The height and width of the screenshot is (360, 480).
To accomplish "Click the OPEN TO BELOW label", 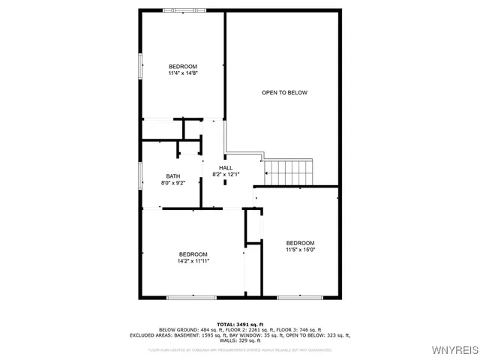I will pyautogui.click(x=284, y=92).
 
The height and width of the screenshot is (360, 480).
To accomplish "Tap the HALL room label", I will pyautogui.click(x=226, y=167).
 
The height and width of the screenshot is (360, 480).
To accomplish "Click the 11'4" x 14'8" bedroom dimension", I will pyautogui.click(x=183, y=73).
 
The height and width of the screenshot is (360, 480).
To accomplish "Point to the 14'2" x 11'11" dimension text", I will pyautogui.click(x=193, y=261).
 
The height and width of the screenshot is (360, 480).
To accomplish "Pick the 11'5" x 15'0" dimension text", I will pyautogui.click(x=300, y=250).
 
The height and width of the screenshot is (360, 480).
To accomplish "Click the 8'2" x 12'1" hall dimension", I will pyautogui.click(x=226, y=174).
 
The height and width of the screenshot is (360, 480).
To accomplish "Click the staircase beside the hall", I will pyautogui.click(x=287, y=172).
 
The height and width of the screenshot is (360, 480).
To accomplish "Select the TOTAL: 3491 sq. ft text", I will pyautogui.click(x=240, y=324).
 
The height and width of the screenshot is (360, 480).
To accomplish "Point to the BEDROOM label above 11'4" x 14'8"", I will pyautogui.click(x=183, y=67).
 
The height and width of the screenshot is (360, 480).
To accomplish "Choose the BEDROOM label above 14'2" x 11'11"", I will pyautogui.click(x=193, y=254).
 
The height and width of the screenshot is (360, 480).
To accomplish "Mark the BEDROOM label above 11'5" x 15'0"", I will pyautogui.click(x=300, y=242).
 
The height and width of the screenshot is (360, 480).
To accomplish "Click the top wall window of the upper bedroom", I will pyautogui.click(x=182, y=10).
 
